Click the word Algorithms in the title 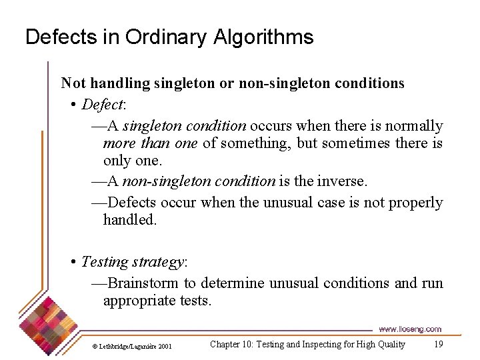(x=263, y=37)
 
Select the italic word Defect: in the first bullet (x=103, y=105)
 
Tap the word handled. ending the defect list (x=130, y=219)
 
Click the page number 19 (x=438, y=344)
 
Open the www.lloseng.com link (x=410, y=329)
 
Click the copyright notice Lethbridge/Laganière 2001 (x=131, y=346)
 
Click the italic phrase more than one (x=150, y=143)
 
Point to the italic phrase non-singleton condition (x=199, y=181)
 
